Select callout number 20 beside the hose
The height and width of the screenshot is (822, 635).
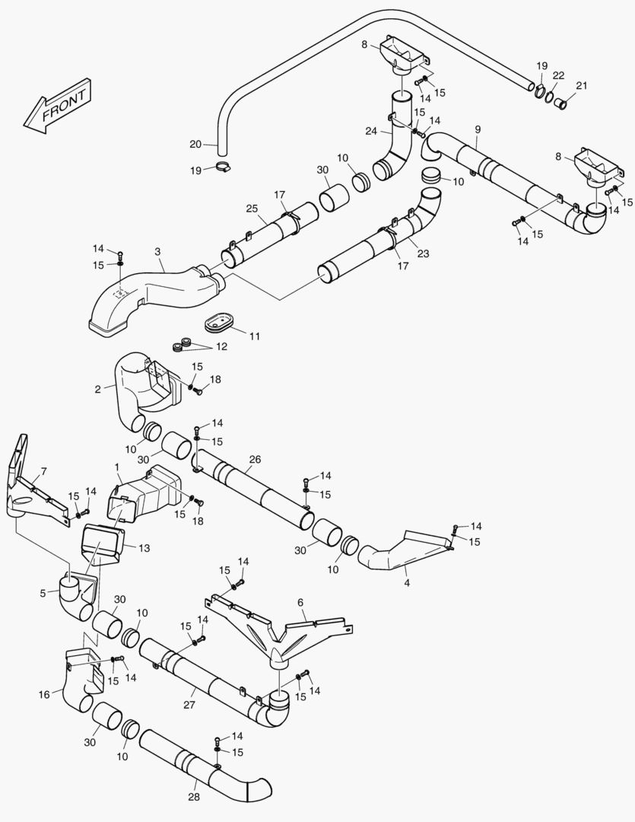pos(195,144)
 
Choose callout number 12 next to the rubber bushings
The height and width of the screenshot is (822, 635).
pos(221,346)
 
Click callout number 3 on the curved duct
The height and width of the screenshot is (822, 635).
pos(157,250)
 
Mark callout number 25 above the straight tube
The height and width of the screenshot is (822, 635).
pos(252,208)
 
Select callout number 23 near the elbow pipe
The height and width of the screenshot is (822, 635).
pos(423,254)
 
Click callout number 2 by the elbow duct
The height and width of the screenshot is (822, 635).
pos(98,389)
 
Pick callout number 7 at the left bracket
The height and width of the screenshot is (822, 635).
pos(43,471)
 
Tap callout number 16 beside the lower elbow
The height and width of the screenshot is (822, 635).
pos(45,694)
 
